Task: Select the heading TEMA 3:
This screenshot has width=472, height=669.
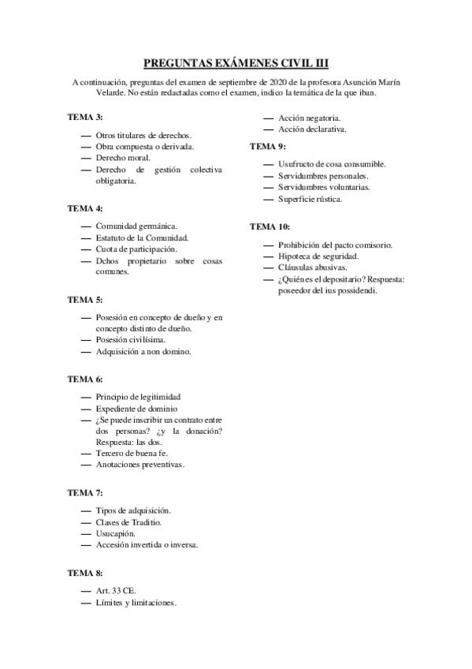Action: (85, 117)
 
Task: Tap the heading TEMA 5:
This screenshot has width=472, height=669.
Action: (85, 300)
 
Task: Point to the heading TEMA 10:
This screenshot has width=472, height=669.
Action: (269, 226)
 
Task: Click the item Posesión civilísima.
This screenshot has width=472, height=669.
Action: (130, 340)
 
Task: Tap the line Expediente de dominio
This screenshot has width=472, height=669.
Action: (136, 409)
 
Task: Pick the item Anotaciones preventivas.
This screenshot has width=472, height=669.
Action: (139, 465)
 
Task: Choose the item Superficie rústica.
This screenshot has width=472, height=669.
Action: (310, 199)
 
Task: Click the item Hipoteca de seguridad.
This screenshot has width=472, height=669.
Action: (318, 256)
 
